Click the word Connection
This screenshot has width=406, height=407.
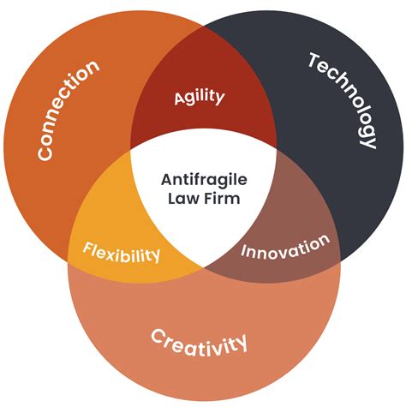68,110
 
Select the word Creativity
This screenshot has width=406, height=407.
199,344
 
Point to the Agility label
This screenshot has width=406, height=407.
200,98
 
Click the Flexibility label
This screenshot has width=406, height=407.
122,252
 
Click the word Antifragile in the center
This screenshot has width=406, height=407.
204,180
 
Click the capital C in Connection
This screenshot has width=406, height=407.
45,153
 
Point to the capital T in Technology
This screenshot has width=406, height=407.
314,60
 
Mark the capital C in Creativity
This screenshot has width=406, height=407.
158,337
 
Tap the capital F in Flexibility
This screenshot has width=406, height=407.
87,248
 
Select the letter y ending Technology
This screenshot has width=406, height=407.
368,141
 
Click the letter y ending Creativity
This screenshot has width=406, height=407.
241,343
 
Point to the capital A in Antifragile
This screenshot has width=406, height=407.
168,180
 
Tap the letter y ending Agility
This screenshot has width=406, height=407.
220,99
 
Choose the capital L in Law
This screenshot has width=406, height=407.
172,199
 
